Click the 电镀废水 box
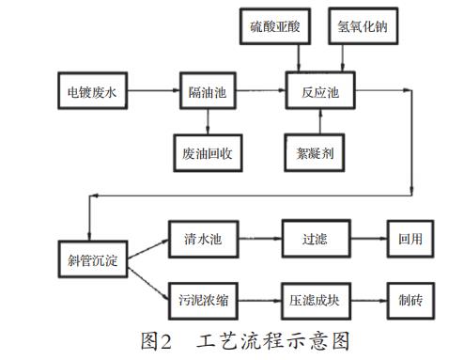coord(91,91)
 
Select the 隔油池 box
coord(206,91)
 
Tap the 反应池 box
coord(319,91)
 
